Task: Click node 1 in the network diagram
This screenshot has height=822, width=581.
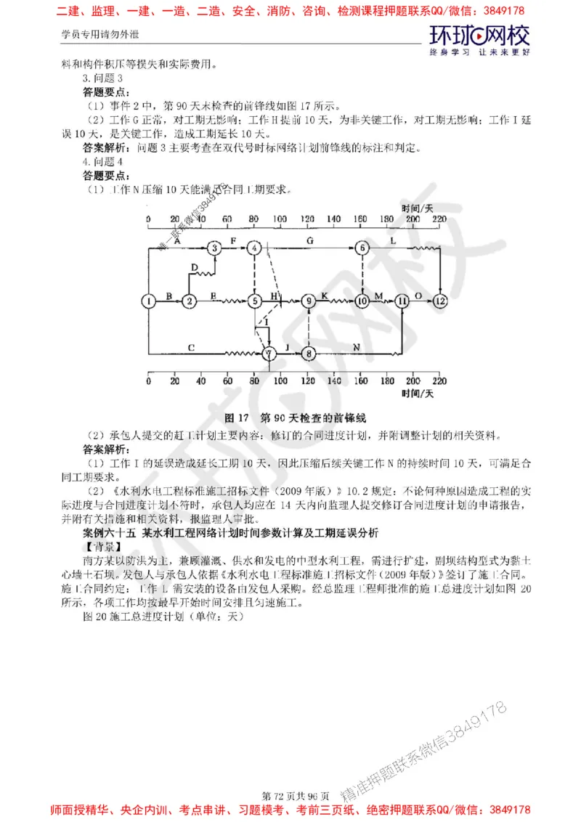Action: [148, 300]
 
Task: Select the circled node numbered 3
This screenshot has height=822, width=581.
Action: [214, 248]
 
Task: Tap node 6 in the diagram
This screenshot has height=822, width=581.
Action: [362, 248]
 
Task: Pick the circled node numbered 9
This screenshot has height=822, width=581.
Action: [309, 300]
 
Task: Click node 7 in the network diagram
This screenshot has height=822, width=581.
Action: [269, 354]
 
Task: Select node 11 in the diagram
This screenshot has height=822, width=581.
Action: [402, 300]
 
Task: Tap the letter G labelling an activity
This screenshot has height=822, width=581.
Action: [310, 239]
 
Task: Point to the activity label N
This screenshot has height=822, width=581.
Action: [356, 347]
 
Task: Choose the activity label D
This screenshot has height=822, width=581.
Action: [193, 268]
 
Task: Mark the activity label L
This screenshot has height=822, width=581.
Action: [393, 239]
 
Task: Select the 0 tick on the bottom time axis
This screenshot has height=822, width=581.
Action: [148, 380]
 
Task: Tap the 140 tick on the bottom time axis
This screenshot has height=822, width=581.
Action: [334, 380]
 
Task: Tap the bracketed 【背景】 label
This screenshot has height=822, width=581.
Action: [104, 545]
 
